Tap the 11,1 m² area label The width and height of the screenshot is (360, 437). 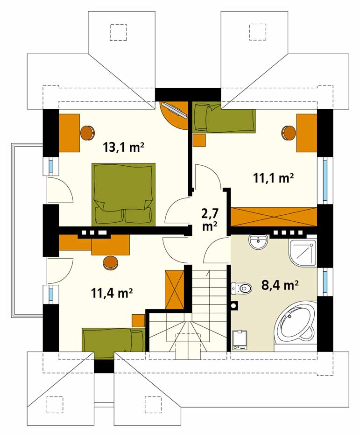[274, 177]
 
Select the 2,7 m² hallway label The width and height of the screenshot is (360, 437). [210, 220]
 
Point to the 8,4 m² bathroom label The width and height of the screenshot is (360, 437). [280, 285]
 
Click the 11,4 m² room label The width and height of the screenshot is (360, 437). [112, 293]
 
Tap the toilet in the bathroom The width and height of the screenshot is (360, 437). [241, 288]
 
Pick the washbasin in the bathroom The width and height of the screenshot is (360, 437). [259, 242]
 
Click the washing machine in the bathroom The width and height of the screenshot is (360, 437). [240, 340]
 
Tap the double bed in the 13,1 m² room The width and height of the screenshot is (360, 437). [124, 194]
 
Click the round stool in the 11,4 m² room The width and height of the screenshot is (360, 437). [111, 263]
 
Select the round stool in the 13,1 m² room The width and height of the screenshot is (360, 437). [88, 133]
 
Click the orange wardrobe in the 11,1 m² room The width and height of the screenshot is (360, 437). [274, 217]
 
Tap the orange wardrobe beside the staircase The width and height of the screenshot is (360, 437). [175, 289]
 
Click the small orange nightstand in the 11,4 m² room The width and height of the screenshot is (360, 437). [139, 320]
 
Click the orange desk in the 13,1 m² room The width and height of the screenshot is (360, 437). [69, 133]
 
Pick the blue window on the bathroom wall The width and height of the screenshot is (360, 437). [325, 282]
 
